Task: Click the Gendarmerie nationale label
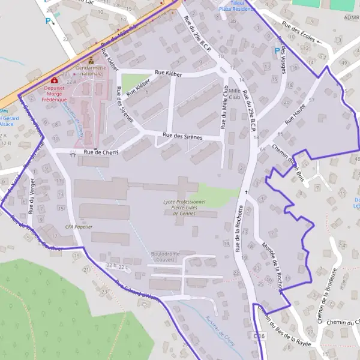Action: (x=91, y=71)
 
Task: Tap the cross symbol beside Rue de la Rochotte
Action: (x=245, y=192)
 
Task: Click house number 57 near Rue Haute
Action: (x=311, y=100)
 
